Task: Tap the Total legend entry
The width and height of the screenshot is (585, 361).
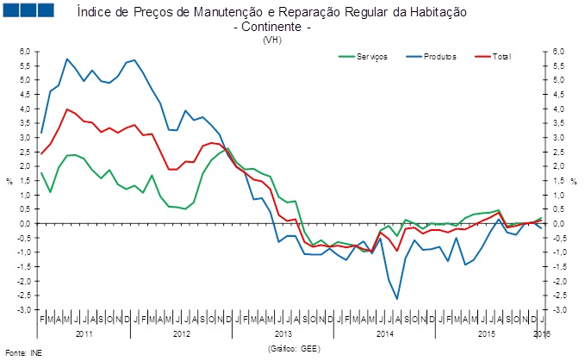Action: [501, 57]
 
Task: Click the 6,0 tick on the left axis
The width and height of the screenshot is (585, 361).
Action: [23, 52]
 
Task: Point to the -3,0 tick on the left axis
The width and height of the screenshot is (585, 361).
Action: [23, 309]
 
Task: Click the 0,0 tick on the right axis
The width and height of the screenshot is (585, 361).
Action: [558, 224]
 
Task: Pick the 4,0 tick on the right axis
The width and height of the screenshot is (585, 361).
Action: [558, 109]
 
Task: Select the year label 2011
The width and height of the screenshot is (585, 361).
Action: [84, 333]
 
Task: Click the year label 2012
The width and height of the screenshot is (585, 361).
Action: [183, 333]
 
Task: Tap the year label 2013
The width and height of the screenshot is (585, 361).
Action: [282, 333]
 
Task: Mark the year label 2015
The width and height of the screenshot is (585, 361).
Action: [485, 333]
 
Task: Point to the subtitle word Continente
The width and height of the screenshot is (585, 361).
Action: [272, 28]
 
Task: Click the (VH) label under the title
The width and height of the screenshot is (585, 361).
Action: [272, 40]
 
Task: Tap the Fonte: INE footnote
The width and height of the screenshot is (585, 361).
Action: [23, 352]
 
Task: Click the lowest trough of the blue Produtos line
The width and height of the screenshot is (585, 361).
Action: [397, 299]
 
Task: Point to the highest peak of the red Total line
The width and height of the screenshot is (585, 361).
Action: [67, 109]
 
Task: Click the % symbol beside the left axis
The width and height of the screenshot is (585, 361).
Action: [9, 181]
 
